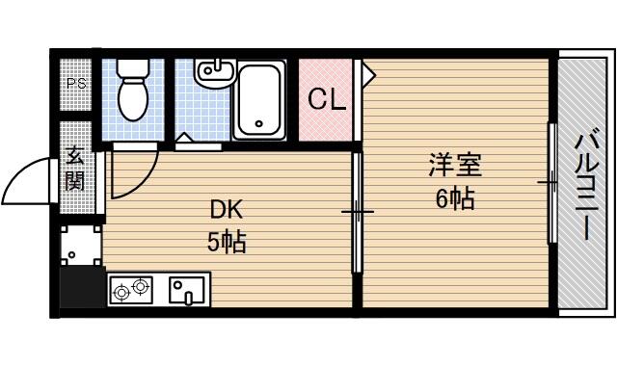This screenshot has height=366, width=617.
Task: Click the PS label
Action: click(x=76, y=84)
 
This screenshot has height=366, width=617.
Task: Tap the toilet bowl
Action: click(x=133, y=98)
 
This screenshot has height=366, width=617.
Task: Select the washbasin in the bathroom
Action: click(x=215, y=73)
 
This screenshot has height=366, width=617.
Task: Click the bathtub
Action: click(x=259, y=100)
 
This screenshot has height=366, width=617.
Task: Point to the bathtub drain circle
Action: click(x=258, y=123)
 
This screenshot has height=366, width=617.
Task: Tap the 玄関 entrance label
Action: click(x=75, y=168)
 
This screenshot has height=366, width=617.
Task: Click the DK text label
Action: click(x=227, y=210)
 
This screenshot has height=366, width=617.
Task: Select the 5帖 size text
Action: click(x=227, y=242)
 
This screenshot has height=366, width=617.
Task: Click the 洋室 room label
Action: click(x=455, y=166)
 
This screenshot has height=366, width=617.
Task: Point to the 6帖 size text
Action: click(x=455, y=198)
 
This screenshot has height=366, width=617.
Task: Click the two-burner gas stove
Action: click(x=131, y=290)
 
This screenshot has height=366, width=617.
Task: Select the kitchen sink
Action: click(x=186, y=291)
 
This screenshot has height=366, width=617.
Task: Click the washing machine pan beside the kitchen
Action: click(x=80, y=246)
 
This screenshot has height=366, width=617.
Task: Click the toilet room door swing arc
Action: click(x=143, y=180)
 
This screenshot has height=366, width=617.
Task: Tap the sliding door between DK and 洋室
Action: click(x=358, y=212)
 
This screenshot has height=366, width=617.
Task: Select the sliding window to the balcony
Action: click(x=552, y=183)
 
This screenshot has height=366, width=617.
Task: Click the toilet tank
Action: click(x=133, y=66)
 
